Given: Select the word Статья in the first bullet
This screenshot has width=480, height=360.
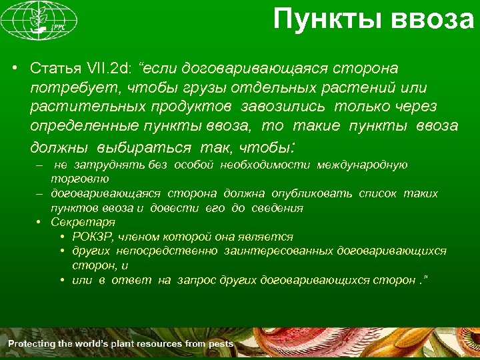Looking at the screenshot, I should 55,69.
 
